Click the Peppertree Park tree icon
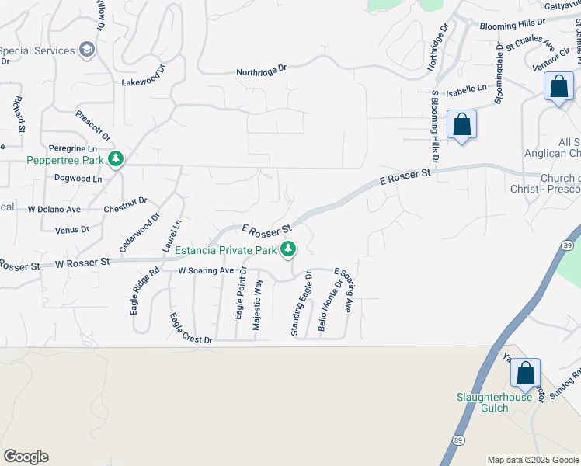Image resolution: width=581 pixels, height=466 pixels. [116, 159]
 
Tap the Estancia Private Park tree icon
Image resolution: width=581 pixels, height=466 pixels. [288, 249]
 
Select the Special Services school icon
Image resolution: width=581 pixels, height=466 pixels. [88, 50]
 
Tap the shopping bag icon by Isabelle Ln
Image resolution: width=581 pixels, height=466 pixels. [461, 124]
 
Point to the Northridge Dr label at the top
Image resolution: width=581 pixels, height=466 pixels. [262, 70]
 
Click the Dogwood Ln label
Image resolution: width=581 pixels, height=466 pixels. [78, 179]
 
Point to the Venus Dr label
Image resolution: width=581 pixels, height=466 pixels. [72, 230]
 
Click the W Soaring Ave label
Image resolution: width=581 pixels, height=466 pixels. [206, 271]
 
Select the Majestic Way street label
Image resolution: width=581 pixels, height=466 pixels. [259, 305]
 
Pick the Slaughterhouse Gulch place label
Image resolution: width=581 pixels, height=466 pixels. [494, 403]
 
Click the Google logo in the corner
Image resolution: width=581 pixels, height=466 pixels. [26, 457]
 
